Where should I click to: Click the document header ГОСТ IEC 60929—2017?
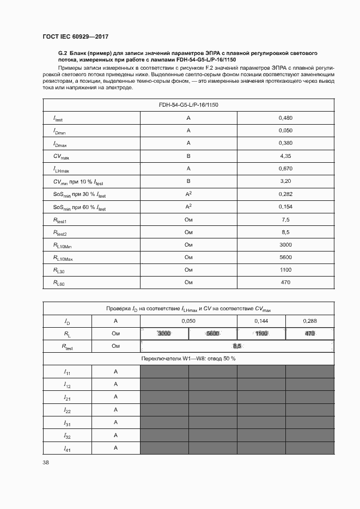pos(75,36)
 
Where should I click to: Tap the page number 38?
pos(46,462)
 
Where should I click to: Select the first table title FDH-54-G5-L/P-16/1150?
pos(188,105)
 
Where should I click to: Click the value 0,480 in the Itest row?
pos(285,118)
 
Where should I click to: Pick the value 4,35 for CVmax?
pos(285,156)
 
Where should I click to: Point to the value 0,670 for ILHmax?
pos(285,168)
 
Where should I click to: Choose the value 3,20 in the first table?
pos(285,181)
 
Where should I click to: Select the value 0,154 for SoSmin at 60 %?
pos(285,206)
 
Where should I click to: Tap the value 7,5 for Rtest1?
pos(285,219)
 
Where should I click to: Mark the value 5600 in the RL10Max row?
pos(285,257)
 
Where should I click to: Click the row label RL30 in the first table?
pos(59,270)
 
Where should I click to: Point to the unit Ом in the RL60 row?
pos(188,282)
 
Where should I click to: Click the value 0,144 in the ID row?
pos(261,321)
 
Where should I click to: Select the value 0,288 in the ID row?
pos(309,321)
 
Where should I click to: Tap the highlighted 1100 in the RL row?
pos(261,334)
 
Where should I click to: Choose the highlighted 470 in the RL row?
pos(310,334)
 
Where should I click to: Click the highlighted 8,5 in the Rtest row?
pos(237,346)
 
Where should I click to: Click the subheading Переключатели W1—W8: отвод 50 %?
pos(188,359)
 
